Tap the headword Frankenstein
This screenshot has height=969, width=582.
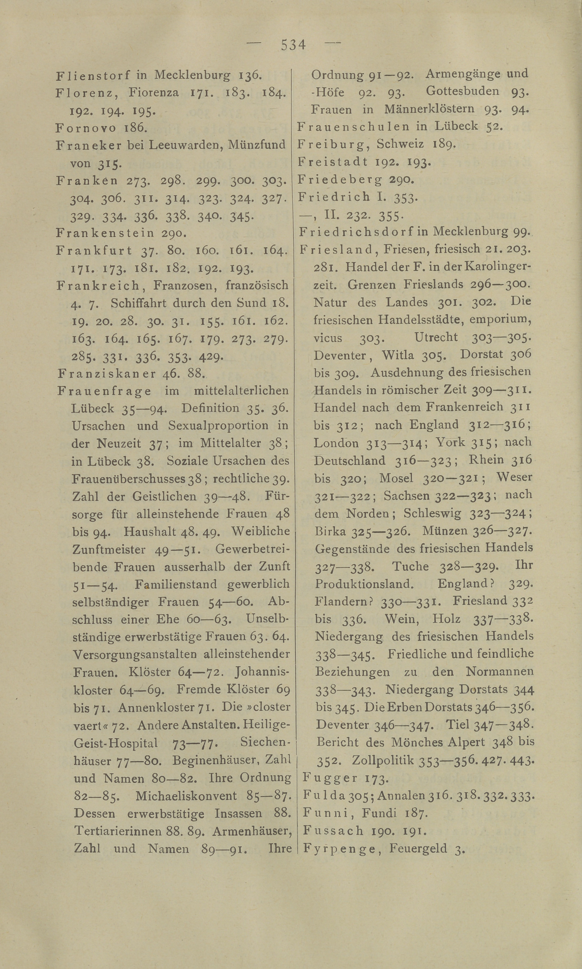[105, 233]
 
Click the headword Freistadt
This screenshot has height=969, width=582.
[333, 162]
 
